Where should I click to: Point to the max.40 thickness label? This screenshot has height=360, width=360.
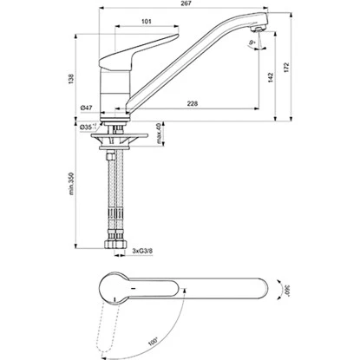(157, 135)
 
